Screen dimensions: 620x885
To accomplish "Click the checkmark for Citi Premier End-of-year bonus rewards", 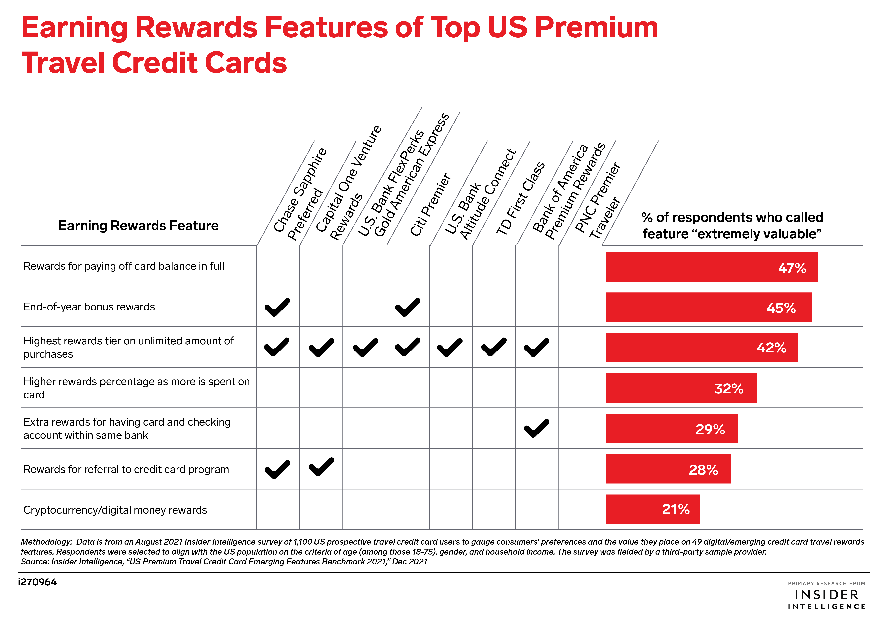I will coord(407,307).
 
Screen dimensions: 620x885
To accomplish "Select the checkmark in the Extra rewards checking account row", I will coord(536,428).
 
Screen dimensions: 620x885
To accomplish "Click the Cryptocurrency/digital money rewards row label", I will coord(115,510).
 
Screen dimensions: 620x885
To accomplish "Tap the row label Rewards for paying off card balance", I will coord(124,266).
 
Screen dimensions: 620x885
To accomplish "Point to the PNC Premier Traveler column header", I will coord(597,200).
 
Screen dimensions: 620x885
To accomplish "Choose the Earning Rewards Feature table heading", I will coord(138,225).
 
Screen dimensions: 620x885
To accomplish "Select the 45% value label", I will coord(781,308).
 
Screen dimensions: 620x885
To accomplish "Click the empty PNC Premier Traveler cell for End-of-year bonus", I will coord(580,306).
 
